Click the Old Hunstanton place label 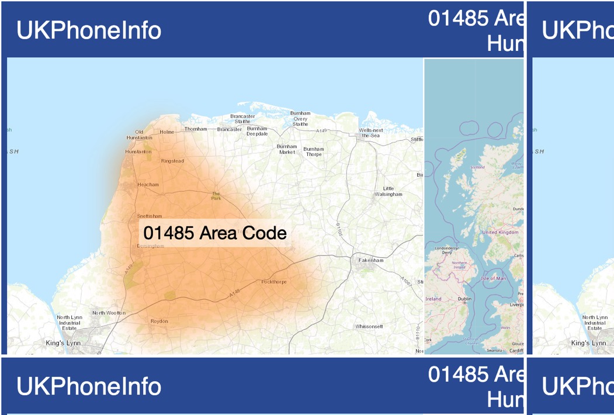[139, 135]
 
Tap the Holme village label [167, 132]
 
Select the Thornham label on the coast [196, 129]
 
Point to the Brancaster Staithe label [242, 119]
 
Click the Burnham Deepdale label [257, 131]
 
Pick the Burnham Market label [287, 149]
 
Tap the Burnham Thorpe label [314, 151]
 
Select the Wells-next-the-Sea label [371, 133]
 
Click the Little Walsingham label [388, 191]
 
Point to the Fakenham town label [371, 260]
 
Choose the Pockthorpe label [274, 282]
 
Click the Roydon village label [159, 321]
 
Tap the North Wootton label [109, 313]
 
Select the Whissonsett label [369, 326]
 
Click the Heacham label [148, 185]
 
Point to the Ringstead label [172, 161]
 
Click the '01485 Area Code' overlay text [215, 233]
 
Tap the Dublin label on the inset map [464, 299]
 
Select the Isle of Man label [493, 278]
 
